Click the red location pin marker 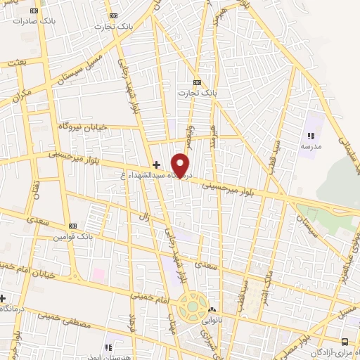click(x=181, y=165)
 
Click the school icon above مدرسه click(x=310, y=136)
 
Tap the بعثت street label click(x=15, y=63)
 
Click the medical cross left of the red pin click(x=156, y=165)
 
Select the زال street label click(x=143, y=219)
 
